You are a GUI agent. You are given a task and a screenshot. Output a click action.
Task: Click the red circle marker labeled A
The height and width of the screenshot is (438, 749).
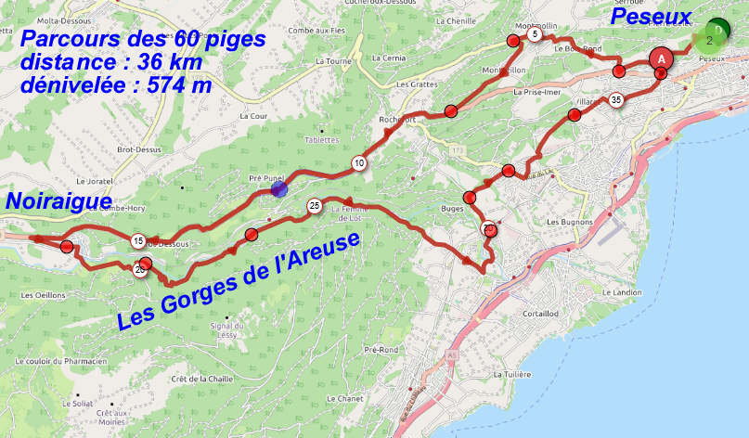pos(660,58)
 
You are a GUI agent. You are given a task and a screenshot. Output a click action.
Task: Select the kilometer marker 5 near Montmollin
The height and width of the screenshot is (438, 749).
pos(535,34)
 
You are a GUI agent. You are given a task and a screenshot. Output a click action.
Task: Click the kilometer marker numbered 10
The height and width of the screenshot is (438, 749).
pos(358,163)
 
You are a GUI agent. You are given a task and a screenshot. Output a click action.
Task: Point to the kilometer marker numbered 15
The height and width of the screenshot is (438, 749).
pos(137,241)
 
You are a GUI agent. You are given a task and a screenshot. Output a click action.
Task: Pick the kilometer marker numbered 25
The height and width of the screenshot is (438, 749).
pos(315,205)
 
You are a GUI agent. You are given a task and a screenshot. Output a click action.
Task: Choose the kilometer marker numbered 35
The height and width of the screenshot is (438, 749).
pos(615,100)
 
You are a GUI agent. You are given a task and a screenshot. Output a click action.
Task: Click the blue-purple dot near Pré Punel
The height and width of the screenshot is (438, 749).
pos(279,189)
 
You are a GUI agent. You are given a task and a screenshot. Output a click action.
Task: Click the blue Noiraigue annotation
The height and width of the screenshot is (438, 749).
pos(58,201)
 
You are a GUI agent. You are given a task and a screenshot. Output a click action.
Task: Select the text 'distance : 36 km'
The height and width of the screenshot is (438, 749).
pos(117,62)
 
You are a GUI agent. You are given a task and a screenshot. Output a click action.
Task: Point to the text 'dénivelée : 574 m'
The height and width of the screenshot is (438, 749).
pos(115,85)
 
